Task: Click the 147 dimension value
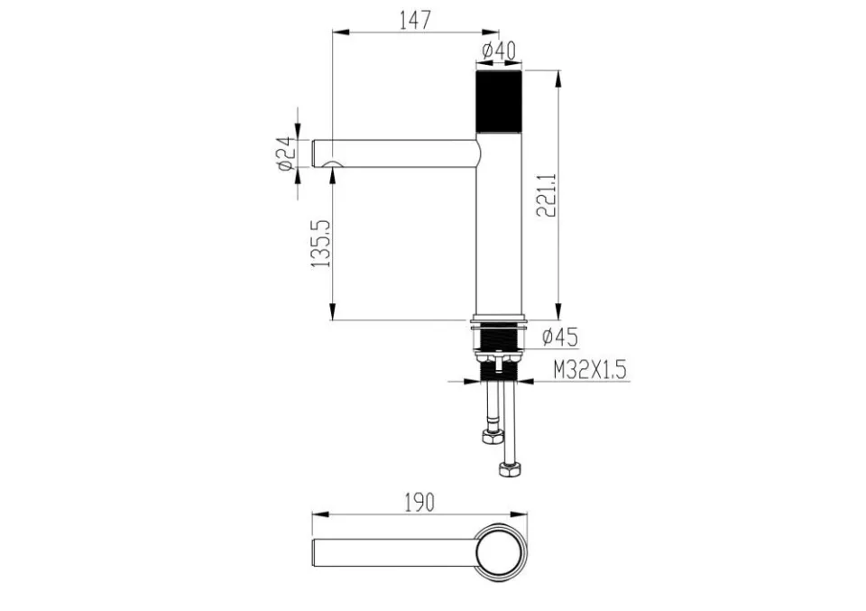pos(414,20)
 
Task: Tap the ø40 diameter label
pos(499,51)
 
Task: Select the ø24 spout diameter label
pos(284,153)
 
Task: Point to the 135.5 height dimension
pos(321,244)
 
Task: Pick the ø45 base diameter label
pos(559,336)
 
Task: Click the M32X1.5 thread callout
pos(590,370)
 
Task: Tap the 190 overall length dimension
pos(419,502)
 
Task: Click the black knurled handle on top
pos(499,101)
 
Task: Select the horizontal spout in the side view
pos(395,153)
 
